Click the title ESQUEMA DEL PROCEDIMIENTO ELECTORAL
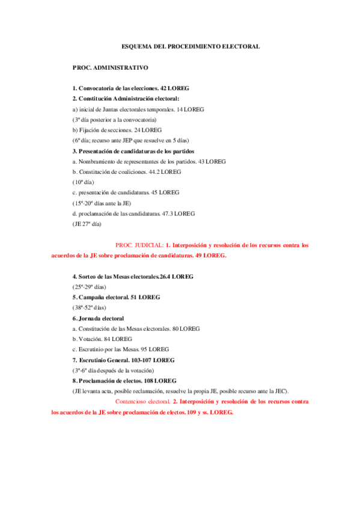[x=191, y=46]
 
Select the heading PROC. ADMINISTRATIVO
[x=109, y=68]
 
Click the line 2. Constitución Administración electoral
[x=126, y=99]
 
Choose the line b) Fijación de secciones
[x=117, y=130]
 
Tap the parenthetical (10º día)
[x=85, y=182]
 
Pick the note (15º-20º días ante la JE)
[x=103, y=203]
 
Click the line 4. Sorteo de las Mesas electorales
[x=133, y=277]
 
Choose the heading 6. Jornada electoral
[x=98, y=318]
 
